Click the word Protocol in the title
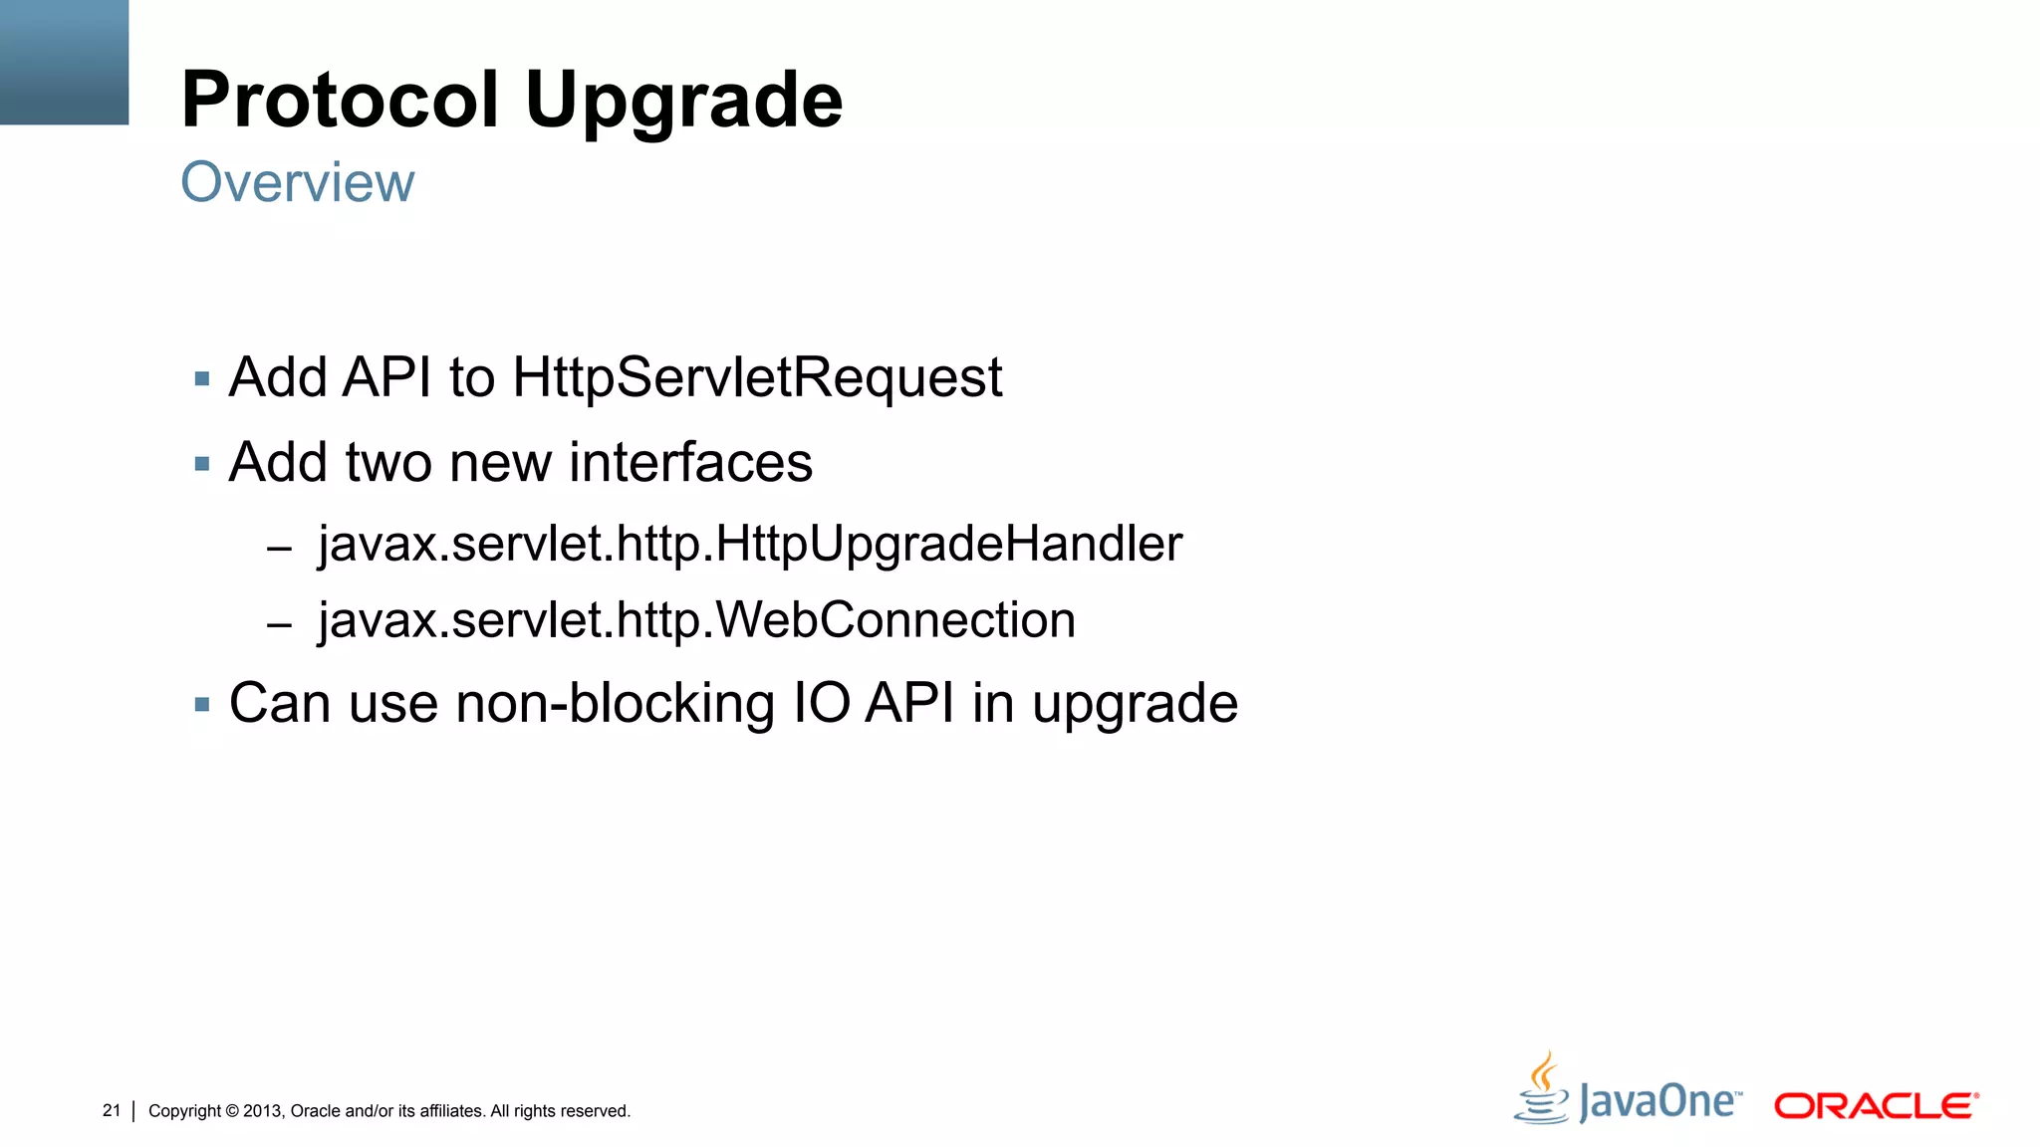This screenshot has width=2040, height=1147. (x=340, y=100)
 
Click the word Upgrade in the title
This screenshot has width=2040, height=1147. (x=683, y=102)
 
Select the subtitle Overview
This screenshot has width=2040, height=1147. (x=297, y=182)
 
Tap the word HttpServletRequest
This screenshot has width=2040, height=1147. (x=757, y=378)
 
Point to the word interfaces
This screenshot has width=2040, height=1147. (x=690, y=463)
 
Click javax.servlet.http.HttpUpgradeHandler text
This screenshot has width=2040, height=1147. (x=750, y=545)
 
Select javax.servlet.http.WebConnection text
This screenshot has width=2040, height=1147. (x=696, y=620)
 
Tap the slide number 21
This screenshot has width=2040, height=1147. (x=112, y=1110)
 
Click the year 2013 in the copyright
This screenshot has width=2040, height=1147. (x=263, y=1111)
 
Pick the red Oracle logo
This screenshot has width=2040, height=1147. (x=1876, y=1106)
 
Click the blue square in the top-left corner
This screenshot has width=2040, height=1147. (x=64, y=62)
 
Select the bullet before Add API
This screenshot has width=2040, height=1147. (x=202, y=379)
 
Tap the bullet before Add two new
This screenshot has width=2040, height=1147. (x=202, y=464)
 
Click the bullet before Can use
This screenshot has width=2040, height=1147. (x=202, y=705)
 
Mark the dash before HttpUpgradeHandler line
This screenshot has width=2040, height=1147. (x=279, y=548)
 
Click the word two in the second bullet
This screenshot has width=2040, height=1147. (x=388, y=463)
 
